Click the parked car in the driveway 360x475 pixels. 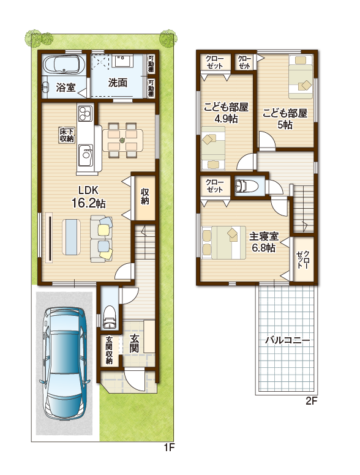[x=65, y=364]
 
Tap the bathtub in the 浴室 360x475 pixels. [x=63, y=64]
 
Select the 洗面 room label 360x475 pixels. [x=118, y=83]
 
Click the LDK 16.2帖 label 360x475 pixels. [x=88, y=197]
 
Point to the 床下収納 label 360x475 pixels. [x=67, y=135]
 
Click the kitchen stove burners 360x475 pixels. [x=85, y=113]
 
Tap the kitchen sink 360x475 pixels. [x=86, y=154]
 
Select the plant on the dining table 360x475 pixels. [x=122, y=140]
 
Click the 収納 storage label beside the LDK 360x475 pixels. [x=145, y=196]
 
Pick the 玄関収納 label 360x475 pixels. [x=110, y=350]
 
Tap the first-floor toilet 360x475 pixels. [x=109, y=317]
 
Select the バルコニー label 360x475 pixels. [x=287, y=340]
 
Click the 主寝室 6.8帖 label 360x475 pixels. [x=264, y=242]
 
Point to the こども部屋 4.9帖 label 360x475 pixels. [x=226, y=113]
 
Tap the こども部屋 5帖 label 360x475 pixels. [x=285, y=119]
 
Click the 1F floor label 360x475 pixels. [x=169, y=447]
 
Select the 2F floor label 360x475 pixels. [x=311, y=401]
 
